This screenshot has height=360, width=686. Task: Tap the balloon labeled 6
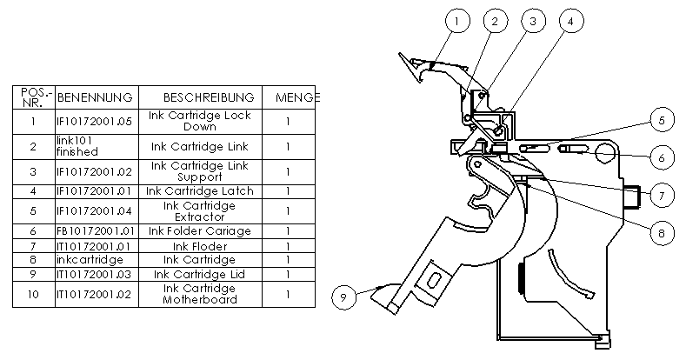tap(661, 157)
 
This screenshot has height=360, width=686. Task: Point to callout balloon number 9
tap(343, 297)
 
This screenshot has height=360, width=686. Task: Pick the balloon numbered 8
tap(661, 230)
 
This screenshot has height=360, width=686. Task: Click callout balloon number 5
tap(661, 119)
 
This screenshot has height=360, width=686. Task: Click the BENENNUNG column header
tap(94, 97)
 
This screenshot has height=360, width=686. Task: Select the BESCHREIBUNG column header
tap(209, 97)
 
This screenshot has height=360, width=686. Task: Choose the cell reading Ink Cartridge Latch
tap(200, 190)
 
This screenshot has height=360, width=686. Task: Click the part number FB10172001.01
tap(93, 231)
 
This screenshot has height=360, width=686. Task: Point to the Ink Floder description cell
tap(200, 245)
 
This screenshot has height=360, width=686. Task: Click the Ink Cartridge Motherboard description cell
tap(200, 294)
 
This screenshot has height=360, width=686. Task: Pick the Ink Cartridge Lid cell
tap(200, 274)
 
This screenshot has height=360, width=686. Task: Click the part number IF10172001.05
tap(94, 121)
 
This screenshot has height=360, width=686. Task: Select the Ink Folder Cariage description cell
tap(200, 231)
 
